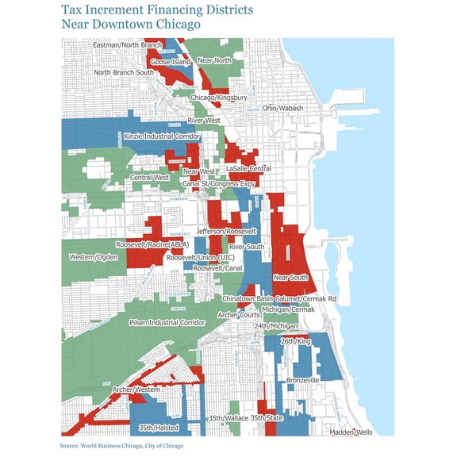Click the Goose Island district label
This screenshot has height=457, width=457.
[170, 62]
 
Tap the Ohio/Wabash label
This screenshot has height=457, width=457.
[282, 108]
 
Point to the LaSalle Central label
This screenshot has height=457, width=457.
[248, 169]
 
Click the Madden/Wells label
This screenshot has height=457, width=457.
[351, 432]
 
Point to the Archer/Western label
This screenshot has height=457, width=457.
[136, 390]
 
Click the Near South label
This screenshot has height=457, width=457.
[290, 278]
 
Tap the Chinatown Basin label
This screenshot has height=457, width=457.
[248, 298]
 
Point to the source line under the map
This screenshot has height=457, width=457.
[121, 447]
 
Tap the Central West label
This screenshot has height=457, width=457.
[150, 178]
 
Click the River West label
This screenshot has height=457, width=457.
[204, 121]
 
